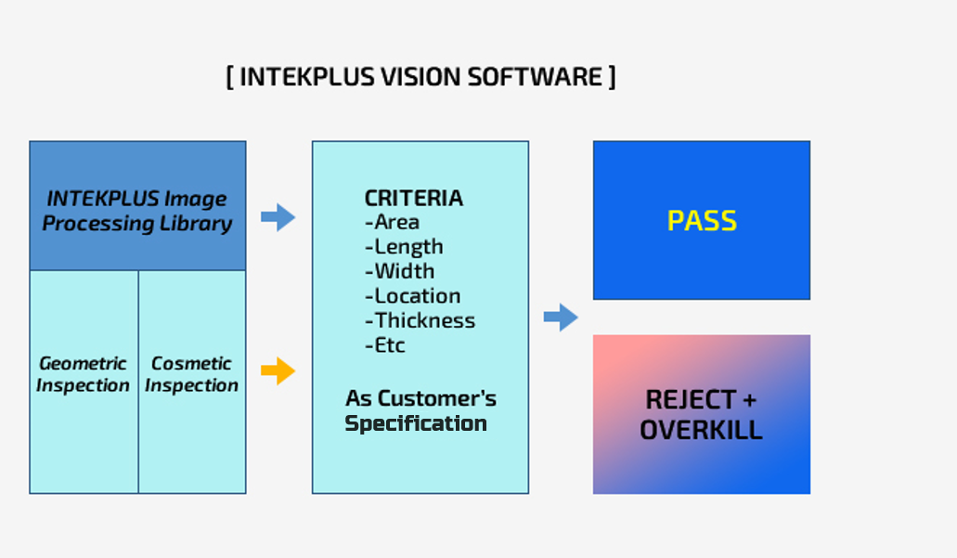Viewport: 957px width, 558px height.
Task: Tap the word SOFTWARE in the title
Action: tap(536, 77)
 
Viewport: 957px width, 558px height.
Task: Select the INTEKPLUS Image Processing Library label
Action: tap(137, 211)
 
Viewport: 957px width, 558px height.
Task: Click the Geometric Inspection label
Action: tap(83, 374)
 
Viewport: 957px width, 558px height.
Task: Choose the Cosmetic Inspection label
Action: tap(191, 374)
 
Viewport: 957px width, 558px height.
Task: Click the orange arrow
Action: tap(278, 370)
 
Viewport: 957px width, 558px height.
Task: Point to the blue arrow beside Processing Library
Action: tap(278, 216)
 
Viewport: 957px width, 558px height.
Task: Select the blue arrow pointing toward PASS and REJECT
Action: tap(561, 317)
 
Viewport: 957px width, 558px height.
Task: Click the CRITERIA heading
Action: tap(414, 198)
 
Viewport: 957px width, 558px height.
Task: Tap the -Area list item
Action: tap(392, 222)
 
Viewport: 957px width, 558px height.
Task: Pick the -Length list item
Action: tap(404, 247)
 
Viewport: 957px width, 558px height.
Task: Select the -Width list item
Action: tap(400, 271)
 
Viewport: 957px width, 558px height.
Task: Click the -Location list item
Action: tap(412, 296)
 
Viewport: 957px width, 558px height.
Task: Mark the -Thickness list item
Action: tap(420, 320)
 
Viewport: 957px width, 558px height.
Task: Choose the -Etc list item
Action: tap(384, 345)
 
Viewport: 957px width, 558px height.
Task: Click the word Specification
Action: tap(416, 423)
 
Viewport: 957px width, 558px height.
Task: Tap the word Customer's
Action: tap(437, 398)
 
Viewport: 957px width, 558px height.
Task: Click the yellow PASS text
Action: tap(702, 220)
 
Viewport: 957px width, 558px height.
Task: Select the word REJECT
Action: tap(691, 400)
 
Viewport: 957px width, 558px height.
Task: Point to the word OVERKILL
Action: tap(701, 430)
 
